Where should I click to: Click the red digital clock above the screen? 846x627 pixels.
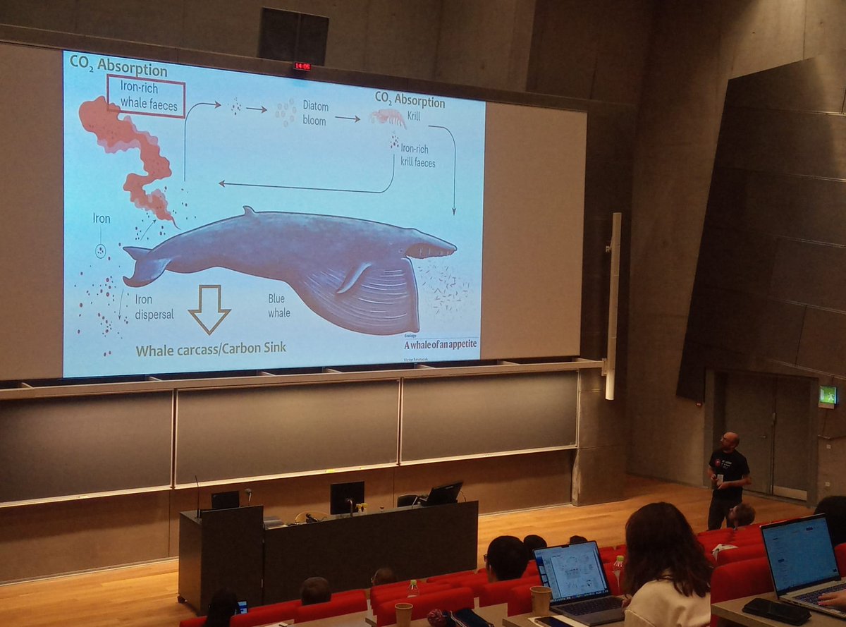tap(302, 66)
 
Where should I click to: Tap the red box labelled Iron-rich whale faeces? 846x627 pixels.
tap(145, 97)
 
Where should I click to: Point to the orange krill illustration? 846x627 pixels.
tap(388, 117)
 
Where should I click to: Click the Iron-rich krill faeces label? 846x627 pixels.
tap(418, 156)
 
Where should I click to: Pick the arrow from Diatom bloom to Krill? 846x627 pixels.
tap(348, 118)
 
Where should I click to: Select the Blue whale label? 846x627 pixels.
tap(278, 305)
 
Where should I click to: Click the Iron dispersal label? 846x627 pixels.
tap(154, 307)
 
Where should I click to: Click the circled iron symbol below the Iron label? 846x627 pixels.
tap(101, 250)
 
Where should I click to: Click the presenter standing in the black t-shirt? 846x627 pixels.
tap(728, 476)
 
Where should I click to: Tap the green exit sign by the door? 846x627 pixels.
tap(827, 395)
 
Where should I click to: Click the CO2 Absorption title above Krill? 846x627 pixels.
tap(410, 100)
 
